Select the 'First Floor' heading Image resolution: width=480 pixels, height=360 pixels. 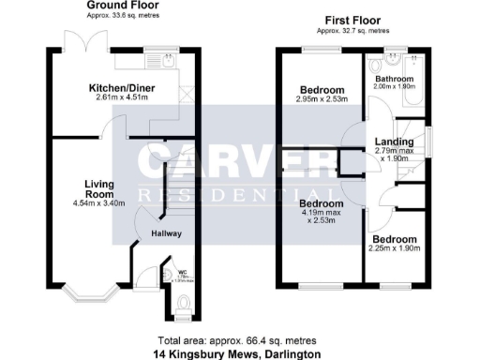(x=352, y=20)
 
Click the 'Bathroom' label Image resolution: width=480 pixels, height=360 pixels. (x=396, y=79)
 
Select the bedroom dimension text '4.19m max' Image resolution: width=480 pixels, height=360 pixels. (x=321, y=213)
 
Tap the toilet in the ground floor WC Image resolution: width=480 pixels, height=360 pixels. (x=184, y=303)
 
